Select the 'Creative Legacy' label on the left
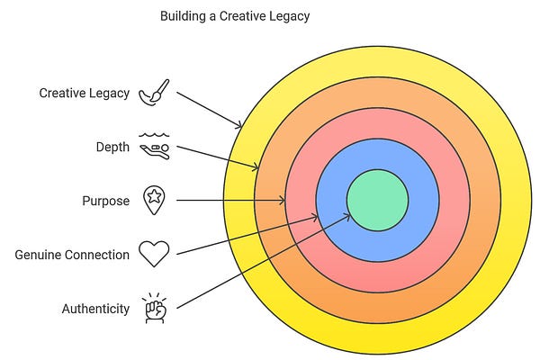point(85,93)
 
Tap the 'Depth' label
point(112,147)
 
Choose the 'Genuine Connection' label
point(72,255)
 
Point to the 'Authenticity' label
point(95,309)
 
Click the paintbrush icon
point(155,93)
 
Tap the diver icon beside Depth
point(154,146)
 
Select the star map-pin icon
point(154,201)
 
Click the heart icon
point(154,255)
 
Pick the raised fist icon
point(154,307)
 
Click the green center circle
point(377,200)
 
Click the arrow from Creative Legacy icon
point(209,109)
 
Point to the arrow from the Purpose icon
point(230,201)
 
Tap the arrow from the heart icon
point(247,235)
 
